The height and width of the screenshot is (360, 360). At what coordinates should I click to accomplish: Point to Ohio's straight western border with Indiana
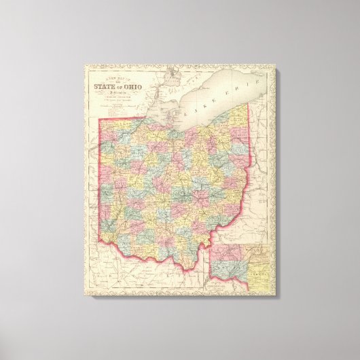tap(102, 183)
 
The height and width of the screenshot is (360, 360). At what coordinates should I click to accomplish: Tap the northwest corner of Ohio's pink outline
tap(102, 121)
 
